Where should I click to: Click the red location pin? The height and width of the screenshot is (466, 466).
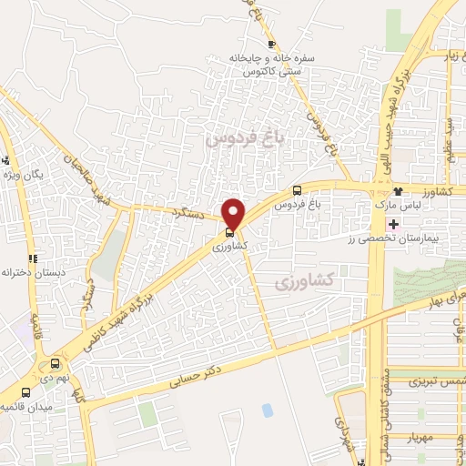(x=234, y=214)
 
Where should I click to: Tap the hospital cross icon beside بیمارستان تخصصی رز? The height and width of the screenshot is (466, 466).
(x=392, y=224)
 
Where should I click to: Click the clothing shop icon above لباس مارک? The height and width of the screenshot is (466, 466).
(x=398, y=192)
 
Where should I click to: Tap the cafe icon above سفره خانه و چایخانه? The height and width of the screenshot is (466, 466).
(x=270, y=44)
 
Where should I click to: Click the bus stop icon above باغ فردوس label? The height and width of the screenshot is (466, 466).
(x=298, y=190)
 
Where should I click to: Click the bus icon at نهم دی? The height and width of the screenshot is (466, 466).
(x=55, y=361)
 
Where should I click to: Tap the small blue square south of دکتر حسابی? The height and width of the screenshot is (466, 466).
(x=267, y=410)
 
